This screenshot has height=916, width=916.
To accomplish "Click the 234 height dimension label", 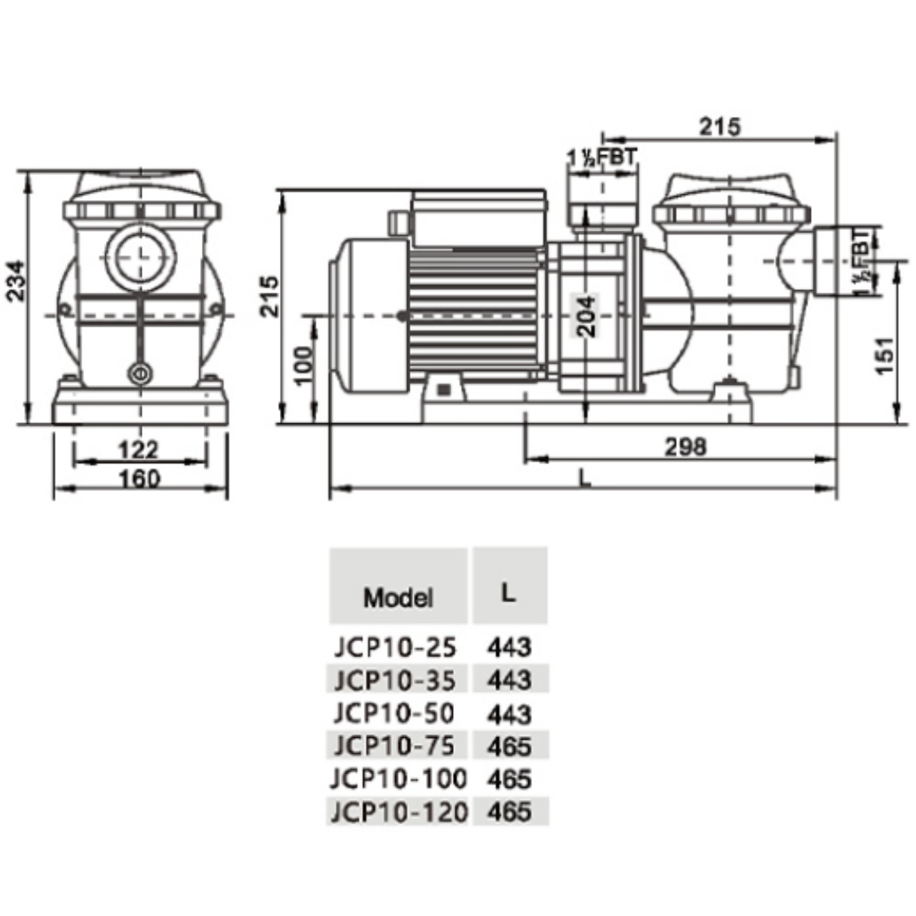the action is coord(16,281).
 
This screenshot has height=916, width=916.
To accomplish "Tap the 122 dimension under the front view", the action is coord(138,450).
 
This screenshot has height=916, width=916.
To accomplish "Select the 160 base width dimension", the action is coord(139,479).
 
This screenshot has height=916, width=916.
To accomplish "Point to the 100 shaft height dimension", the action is coord(303,365).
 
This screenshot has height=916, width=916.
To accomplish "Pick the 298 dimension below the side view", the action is coord(686,447).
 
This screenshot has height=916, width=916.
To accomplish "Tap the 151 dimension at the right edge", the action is coord(885,355).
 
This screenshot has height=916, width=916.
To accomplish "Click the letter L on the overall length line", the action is coord(584,478).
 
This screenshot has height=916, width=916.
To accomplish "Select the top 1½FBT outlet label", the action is coord(602,158).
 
